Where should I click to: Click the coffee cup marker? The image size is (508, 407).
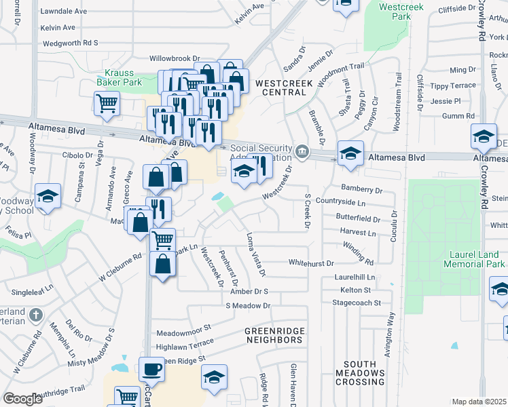click(x=151, y=370)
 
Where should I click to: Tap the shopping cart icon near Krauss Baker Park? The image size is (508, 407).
click(x=107, y=104)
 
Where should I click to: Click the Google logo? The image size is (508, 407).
click(x=22, y=399)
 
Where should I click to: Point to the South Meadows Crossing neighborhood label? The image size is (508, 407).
click(x=359, y=373)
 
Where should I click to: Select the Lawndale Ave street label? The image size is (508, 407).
click(x=63, y=12)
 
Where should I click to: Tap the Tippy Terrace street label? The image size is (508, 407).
click(x=453, y=86)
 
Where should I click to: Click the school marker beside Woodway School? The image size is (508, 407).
click(x=48, y=197)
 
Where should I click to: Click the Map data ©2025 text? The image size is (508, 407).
click(x=479, y=402)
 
